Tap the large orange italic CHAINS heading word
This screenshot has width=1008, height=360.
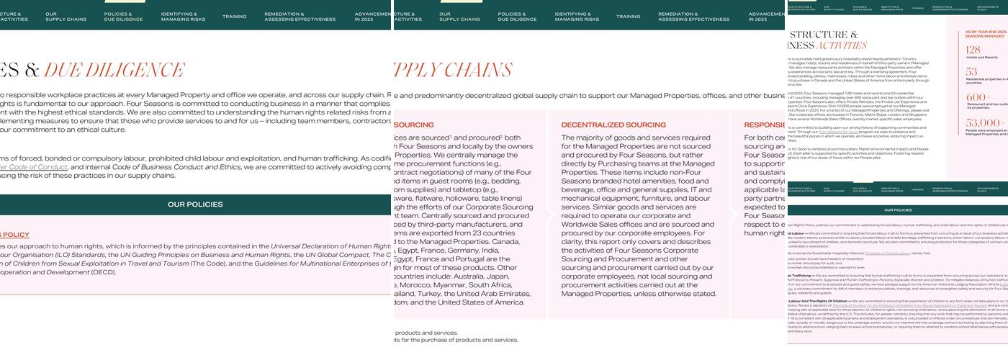[479, 70]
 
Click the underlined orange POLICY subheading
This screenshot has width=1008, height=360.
[14, 235]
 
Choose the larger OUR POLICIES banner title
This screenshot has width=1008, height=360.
[195, 204]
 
